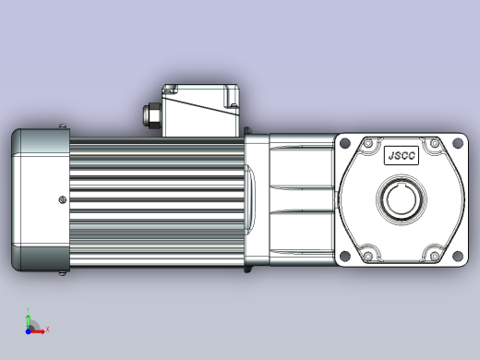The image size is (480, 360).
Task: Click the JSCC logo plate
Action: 402,156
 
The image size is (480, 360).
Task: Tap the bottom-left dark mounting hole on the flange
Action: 345,258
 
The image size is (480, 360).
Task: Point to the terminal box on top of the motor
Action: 201,111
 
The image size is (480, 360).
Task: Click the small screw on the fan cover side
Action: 62,198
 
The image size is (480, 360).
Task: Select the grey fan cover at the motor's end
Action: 40,199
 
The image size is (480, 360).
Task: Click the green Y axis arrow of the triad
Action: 29,315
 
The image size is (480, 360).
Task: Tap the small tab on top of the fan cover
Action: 62,126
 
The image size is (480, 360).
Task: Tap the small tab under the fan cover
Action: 62,272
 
